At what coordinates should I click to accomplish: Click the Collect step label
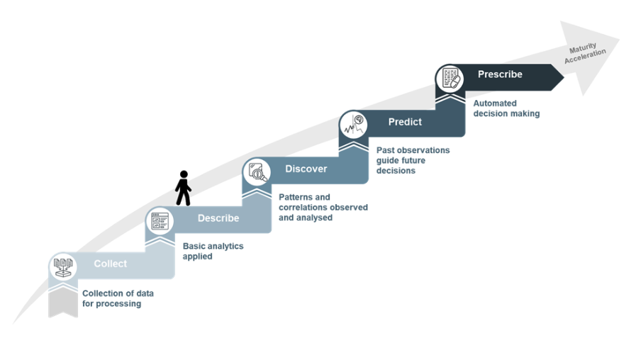(110, 264)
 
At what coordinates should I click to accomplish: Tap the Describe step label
(218, 218)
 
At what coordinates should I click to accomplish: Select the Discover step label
(306, 169)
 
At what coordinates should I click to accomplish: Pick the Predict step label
(405, 122)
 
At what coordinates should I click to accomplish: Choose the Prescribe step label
(500, 74)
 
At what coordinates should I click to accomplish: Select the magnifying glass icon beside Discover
(257, 172)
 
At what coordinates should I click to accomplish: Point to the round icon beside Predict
(354, 124)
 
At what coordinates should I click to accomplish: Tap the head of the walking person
(184, 174)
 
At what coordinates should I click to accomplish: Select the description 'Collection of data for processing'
(118, 298)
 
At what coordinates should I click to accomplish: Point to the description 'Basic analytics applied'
(213, 251)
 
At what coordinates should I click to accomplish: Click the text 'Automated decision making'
(506, 108)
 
